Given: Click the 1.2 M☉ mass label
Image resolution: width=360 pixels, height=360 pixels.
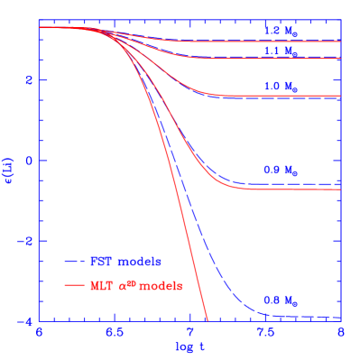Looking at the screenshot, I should (280, 30).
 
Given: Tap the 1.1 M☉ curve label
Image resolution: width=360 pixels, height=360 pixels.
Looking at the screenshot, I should (280, 51).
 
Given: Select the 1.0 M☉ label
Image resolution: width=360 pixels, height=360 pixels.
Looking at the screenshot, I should (280, 88).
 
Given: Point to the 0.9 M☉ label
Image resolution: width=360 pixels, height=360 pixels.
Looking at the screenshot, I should (280, 170).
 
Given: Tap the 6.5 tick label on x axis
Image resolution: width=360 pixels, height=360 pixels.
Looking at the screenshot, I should (114, 333).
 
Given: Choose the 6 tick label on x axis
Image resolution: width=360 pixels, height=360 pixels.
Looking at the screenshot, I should (39, 333).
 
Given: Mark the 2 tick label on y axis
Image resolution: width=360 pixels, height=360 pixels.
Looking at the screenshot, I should (29, 80).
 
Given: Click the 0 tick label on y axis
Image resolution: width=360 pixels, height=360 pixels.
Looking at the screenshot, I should (29, 161).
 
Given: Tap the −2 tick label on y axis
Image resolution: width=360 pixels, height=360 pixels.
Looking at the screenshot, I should (26, 241).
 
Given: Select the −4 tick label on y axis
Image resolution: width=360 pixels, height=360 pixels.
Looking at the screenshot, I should (26, 321).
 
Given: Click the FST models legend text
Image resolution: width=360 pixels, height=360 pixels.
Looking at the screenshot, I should (125, 262).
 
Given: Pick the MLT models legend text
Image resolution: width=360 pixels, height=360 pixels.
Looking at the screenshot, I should (135, 285).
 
